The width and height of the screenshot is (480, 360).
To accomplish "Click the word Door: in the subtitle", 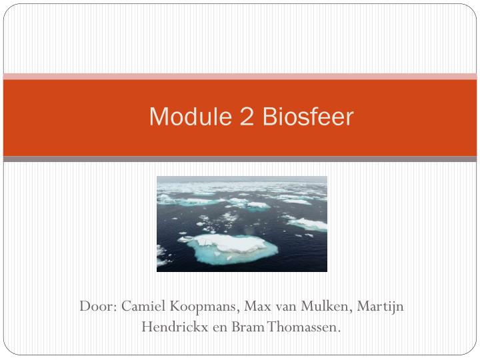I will pos(98,307).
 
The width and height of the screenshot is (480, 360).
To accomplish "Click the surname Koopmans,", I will pos(205,307).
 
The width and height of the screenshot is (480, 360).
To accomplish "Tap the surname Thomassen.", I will pos(303,327).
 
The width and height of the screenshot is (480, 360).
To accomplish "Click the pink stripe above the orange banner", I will pos(240,77).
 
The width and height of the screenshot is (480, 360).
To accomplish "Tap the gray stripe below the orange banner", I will pos(240,159).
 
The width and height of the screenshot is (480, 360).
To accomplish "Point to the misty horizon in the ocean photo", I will pos(242,181).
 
